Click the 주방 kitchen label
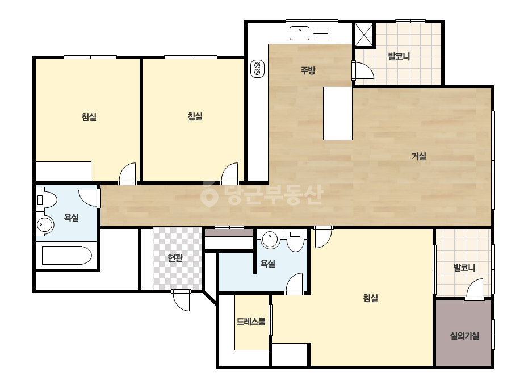coord(308,70)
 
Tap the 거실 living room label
coord(419,156)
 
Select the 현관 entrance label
coord(175,257)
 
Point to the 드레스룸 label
coord(251,322)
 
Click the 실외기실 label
coord(464,336)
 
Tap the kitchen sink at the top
coord(299,33)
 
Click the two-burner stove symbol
coord(257,69)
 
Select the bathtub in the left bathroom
coord(66,255)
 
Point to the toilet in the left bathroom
coord(47,200)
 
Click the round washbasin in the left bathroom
coord(44,225)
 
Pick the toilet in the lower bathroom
coord(295,240)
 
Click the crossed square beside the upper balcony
coord(363,35)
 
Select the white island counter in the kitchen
coord(338,114)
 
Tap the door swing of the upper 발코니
coord(363,70)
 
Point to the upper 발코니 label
coord(399,56)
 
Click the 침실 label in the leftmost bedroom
coord(89,117)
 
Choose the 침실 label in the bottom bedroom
coord(370,298)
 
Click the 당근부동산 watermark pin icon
coord(209,194)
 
